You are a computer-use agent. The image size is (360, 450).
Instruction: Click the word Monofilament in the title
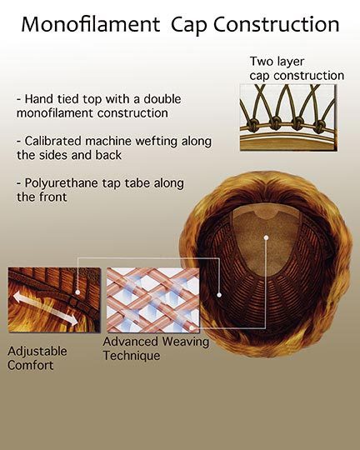pyautogui.click(x=91, y=24)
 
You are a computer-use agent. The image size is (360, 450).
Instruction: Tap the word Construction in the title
pyautogui.click(x=276, y=24)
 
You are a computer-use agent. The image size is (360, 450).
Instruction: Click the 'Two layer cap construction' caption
pyautogui.click(x=297, y=68)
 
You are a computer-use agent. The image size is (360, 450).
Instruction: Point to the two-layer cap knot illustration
pyautogui.click(x=288, y=117)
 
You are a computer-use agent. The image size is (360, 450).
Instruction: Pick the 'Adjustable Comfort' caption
pyautogui.click(x=37, y=358)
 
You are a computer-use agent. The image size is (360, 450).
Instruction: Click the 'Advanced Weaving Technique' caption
pyautogui.click(x=156, y=348)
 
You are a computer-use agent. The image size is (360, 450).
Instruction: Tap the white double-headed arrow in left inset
pyautogui.click(x=45, y=308)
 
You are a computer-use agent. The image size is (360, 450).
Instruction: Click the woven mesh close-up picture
pyautogui.click(x=152, y=300)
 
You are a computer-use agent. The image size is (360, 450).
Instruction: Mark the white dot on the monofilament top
pyautogui.click(x=266, y=237)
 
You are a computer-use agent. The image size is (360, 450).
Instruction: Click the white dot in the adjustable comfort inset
pyautogui.click(x=77, y=292)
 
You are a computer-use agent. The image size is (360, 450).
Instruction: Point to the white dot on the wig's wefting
pyautogui.click(x=219, y=295)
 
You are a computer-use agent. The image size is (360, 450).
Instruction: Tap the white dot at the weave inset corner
pyautogui.click(x=192, y=327)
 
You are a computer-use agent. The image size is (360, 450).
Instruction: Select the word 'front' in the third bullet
pyautogui.click(x=52, y=197)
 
